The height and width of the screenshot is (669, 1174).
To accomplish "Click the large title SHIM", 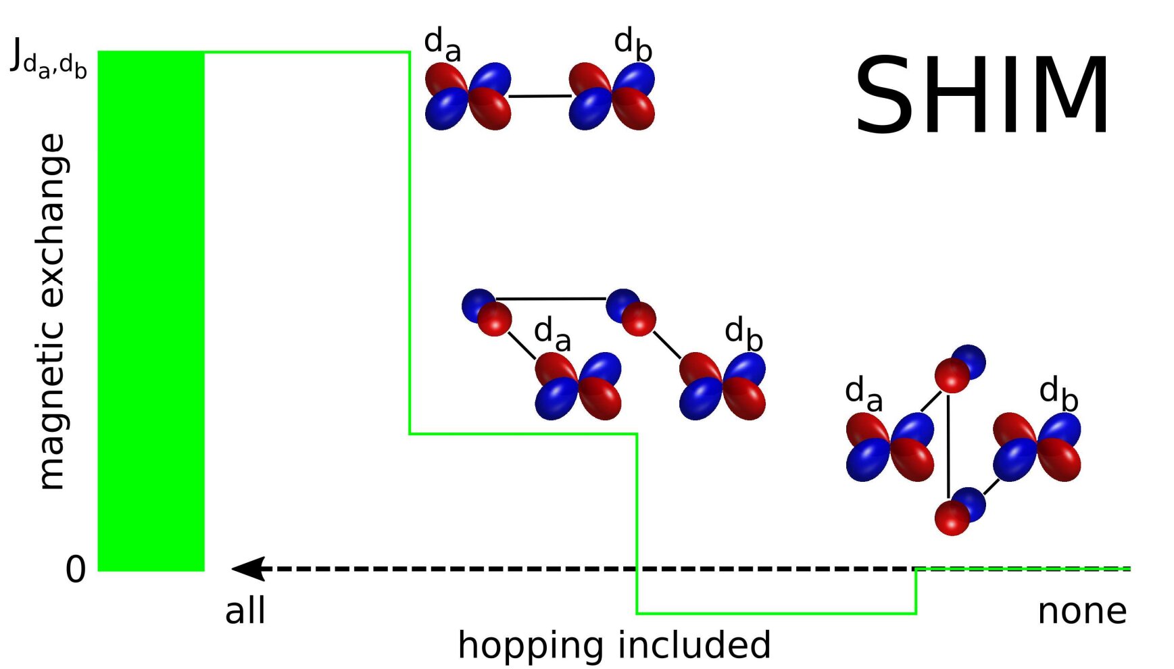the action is tap(982, 95).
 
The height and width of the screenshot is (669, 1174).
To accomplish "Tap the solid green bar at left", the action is tap(151, 311).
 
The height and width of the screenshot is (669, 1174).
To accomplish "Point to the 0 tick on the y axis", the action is tap(76, 570).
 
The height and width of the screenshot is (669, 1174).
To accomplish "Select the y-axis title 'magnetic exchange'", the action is tap(51, 311).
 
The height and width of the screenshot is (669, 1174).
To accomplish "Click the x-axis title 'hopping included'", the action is tap(614, 645).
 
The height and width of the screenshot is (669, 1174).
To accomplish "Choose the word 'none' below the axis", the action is tap(1082, 612).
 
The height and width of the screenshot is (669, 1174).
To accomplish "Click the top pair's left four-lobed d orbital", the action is tap(468, 96).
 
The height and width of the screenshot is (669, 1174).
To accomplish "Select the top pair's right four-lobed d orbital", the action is tap(612, 96).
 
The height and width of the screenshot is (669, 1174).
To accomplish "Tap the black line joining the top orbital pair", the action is tap(540, 97).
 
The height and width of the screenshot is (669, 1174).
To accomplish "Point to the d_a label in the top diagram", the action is tap(443, 44).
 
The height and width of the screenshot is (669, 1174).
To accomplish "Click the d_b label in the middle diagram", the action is tap(743, 334).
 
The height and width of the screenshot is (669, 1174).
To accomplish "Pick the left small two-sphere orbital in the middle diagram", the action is tap(487, 312).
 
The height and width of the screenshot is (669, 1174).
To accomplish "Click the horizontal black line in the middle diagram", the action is tap(551, 299).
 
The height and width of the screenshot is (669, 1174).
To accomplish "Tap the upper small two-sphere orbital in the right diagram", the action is tap(960, 368).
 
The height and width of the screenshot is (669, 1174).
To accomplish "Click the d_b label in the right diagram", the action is tap(1058, 393).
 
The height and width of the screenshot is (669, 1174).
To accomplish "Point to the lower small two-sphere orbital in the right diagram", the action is tap(960, 511).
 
